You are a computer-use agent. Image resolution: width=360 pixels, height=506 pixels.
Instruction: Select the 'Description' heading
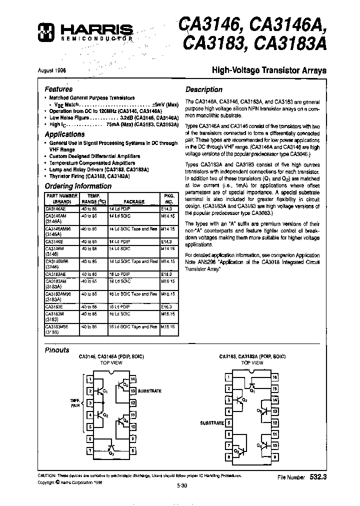tap(203, 89)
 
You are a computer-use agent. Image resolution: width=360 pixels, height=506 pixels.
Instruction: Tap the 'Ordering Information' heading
tap(78, 186)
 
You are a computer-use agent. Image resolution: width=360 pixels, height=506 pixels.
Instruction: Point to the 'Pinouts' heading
tap(57, 350)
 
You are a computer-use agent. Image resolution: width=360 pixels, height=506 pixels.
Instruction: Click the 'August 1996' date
tap(51, 70)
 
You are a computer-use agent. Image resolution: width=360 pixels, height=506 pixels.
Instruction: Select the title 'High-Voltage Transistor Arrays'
tap(270, 70)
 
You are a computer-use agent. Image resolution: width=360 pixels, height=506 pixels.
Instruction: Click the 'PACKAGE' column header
tap(133, 202)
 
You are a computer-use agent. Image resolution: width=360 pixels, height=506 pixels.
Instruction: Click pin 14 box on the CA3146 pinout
tap(132, 379)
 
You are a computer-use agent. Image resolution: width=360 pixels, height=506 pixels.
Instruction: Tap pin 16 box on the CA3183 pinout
tap(275, 377)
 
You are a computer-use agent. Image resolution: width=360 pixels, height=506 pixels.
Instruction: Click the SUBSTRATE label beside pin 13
tap(149, 390)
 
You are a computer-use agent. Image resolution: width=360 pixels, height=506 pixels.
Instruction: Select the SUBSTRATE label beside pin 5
tap(212, 423)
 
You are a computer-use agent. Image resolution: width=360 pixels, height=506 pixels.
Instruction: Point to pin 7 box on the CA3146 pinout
tap(90, 450)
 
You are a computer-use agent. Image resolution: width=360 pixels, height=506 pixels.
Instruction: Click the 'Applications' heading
tap(64, 134)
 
